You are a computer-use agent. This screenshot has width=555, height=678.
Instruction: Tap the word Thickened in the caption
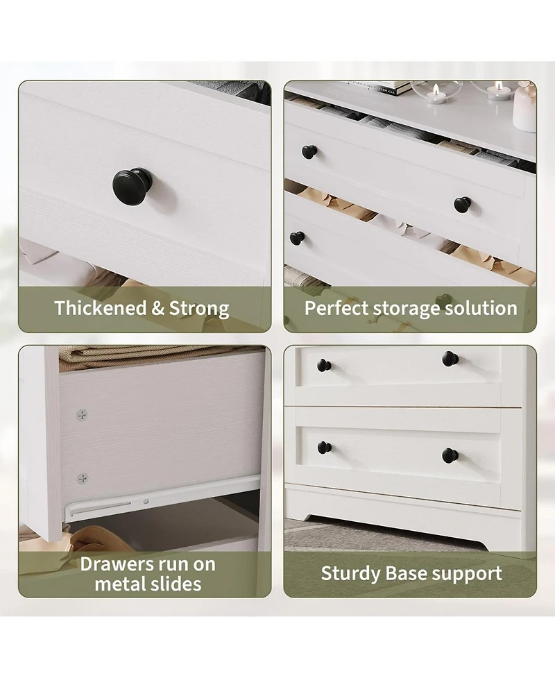click(x=101, y=308)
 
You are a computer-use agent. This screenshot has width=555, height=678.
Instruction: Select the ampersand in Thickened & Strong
click(x=158, y=308)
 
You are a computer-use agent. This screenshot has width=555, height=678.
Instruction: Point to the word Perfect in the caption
click(x=336, y=308)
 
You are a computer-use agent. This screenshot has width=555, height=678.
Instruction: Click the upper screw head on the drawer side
click(x=82, y=414)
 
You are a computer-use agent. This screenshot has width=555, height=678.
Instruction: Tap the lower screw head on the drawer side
click(x=83, y=478)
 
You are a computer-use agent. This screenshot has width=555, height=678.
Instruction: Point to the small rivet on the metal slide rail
click(x=146, y=500)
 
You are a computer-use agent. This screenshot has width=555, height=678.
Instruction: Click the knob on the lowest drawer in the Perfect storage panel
click(x=297, y=238)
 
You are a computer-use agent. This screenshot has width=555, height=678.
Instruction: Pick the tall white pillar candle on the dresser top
click(x=525, y=108)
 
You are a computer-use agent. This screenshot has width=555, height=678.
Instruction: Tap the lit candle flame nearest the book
click(x=436, y=89)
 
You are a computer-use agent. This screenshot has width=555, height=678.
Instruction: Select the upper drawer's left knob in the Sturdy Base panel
click(x=324, y=365)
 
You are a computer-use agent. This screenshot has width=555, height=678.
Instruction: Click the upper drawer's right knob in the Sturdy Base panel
click(x=450, y=359)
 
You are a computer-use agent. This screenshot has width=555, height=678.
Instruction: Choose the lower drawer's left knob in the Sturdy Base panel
click(x=324, y=447)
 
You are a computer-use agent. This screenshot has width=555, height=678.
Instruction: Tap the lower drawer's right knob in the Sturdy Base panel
click(x=450, y=455)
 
